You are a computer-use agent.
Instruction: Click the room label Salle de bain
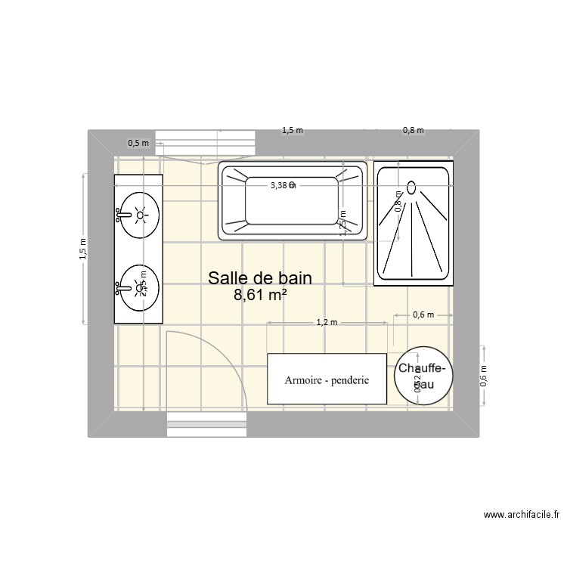(x=260, y=278)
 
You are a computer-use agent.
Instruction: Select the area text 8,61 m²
(x=260, y=296)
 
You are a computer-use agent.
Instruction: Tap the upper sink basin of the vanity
(x=140, y=215)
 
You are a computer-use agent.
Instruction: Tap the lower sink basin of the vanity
(x=140, y=287)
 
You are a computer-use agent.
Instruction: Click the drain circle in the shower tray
(x=412, y=186)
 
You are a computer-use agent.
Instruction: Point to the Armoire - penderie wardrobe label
(x=327, y=380)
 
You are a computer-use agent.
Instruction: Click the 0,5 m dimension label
(x=138, y=142)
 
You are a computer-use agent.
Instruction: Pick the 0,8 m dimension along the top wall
(x=413, y=130)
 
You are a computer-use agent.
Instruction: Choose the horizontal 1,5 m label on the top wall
(x=292, y=130)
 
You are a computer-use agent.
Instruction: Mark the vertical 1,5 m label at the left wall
(x=83, y=249)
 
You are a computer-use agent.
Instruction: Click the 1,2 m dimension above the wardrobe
(x=327, y=322)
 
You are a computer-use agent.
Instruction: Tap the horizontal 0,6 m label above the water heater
(x=423, y=314)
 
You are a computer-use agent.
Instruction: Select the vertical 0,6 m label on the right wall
(x=485, y=376)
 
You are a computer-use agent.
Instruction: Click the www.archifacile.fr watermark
(x=521, y=516)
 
